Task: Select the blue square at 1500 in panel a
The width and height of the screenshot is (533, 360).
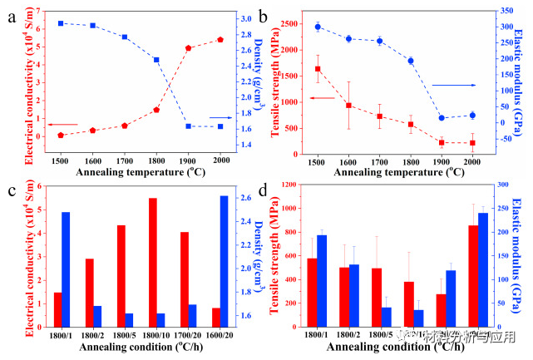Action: coord(61,23)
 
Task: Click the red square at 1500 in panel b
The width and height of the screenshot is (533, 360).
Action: coord(318,69)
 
